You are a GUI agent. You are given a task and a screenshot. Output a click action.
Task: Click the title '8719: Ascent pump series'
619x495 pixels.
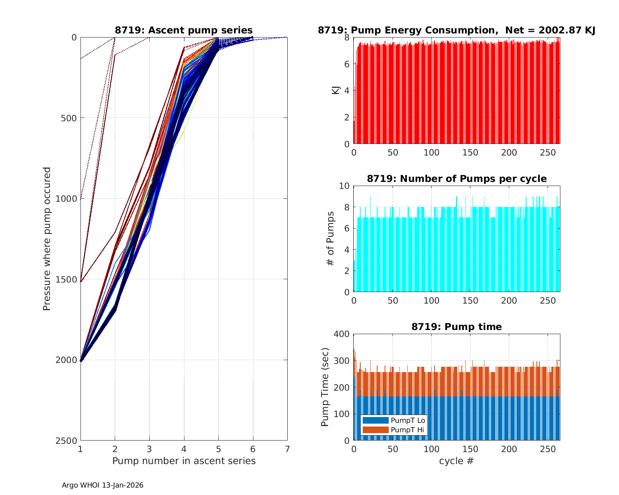point(184,30)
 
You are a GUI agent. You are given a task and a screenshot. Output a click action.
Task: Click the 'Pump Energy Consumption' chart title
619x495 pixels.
point(456,30)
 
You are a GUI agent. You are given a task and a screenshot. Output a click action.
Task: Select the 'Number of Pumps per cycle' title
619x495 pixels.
point(456,179)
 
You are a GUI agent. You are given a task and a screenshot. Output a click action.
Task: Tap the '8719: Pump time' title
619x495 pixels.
point(456,327)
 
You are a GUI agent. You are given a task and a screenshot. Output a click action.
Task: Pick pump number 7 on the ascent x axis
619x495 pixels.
point(287,448)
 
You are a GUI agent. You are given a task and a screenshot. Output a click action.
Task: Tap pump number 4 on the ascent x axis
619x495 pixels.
point(184,448)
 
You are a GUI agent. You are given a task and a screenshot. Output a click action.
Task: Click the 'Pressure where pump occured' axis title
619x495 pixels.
point(47,238)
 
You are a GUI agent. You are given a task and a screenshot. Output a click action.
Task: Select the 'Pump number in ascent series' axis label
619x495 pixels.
point(184,461)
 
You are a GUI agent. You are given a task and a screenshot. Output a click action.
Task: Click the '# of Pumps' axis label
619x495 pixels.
point(330,238)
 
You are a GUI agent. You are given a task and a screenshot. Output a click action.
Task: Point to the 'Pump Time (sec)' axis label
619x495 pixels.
point(325,387)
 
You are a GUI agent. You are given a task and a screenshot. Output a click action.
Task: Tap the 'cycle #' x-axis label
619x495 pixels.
point(456,461)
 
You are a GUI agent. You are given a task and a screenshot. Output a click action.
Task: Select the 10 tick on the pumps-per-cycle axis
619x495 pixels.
point(345,186)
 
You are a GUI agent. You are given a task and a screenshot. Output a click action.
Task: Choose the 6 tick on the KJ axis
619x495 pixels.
point(347,64)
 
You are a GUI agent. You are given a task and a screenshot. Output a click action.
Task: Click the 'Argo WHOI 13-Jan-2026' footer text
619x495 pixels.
point(103,485)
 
